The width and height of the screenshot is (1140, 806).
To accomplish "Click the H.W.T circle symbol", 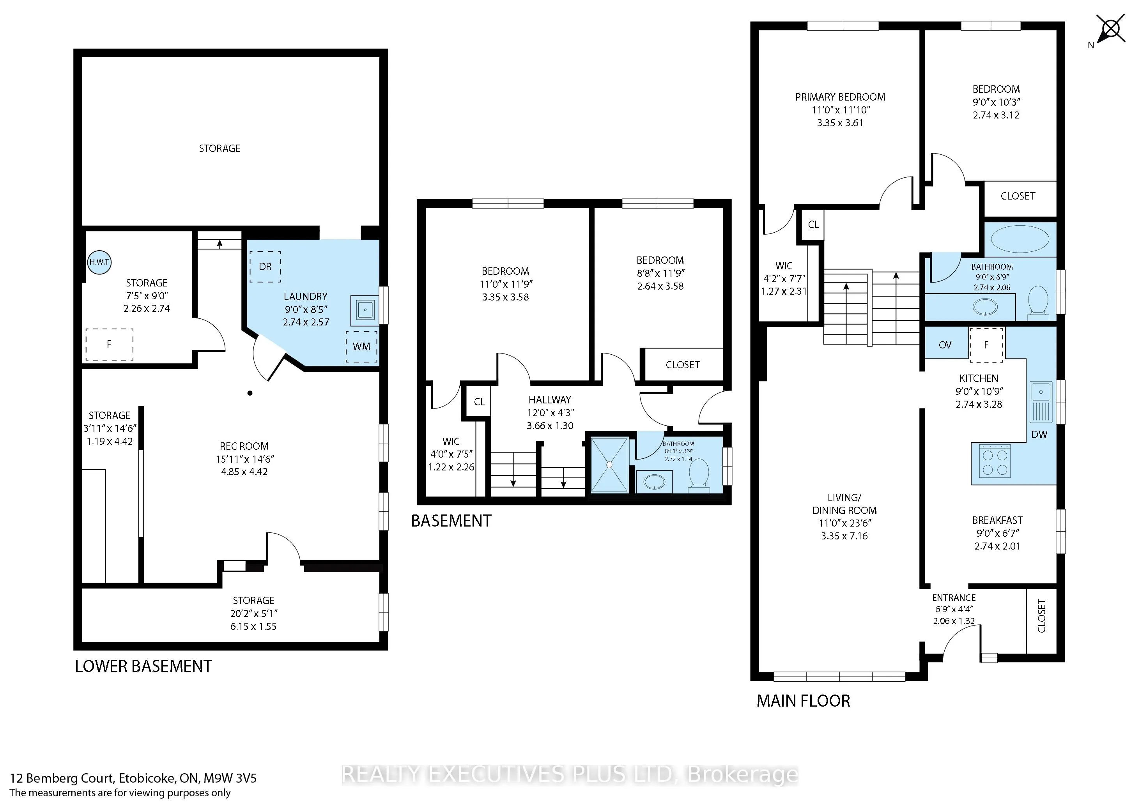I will coord(99,262).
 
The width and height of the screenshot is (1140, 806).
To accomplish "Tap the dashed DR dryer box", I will coord(265,267).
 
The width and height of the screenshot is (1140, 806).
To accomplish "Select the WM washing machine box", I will coord(361,346).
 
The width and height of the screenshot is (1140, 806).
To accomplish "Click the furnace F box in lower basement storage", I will coord(109,344).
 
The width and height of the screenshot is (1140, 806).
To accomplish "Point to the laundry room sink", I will coord(365,310).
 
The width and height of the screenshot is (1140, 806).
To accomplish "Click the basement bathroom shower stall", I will coord(608,465).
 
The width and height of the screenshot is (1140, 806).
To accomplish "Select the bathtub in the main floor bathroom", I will coord(1020,239).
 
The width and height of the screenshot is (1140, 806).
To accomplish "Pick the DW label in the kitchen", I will coord(1039,435).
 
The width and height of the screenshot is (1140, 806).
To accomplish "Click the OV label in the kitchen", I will coord(945,345).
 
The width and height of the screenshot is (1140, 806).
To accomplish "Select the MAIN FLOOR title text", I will coord(804,701).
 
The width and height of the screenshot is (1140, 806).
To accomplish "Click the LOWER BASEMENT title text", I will coord(143,666).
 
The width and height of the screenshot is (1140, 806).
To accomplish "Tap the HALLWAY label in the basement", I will coord(550,399).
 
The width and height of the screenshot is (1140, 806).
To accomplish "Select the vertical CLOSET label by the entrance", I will coord(1042,616).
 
